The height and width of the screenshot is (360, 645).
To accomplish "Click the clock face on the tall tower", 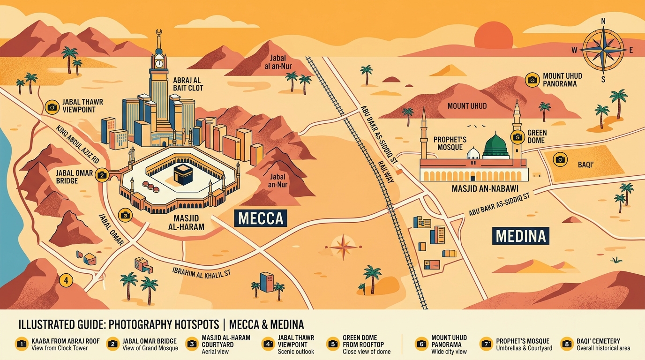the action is pyautogui.click(x=158, y=63).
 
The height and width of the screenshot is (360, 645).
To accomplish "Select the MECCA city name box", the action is pyautogui.click(x=261, y=218).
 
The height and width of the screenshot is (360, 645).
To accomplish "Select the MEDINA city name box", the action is pyautogui.click(x=521, y=236).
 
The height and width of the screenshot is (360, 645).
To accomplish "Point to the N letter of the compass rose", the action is pyautogui.click(x=603, y=21).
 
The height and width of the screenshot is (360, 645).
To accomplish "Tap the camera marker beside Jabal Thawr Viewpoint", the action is pyautogui.click(x=52, y=107).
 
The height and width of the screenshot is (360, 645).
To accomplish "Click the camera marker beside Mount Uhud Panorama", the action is pyautogui.click(x=532, y=80).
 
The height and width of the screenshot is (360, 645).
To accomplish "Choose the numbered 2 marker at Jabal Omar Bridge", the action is pyautogui.click(x=102, y=175).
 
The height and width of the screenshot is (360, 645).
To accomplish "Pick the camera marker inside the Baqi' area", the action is pyautogui.click(x=560, y=159).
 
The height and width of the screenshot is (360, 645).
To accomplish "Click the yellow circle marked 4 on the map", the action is pyautogui.click(x=66, y=280).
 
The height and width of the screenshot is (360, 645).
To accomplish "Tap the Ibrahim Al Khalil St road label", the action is pyautogui.click(x=201, y=273).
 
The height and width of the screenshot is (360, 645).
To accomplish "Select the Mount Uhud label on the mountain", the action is pyautogui.click(x=467, y=106).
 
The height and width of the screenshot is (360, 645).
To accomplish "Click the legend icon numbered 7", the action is pyautogui.click(x=487, y=344).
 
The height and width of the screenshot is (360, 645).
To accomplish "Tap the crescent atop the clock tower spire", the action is pyautogui.click(x=158, y=32).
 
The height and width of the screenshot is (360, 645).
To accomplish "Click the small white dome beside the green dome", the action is pyautogui.click(x=473, y=153).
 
